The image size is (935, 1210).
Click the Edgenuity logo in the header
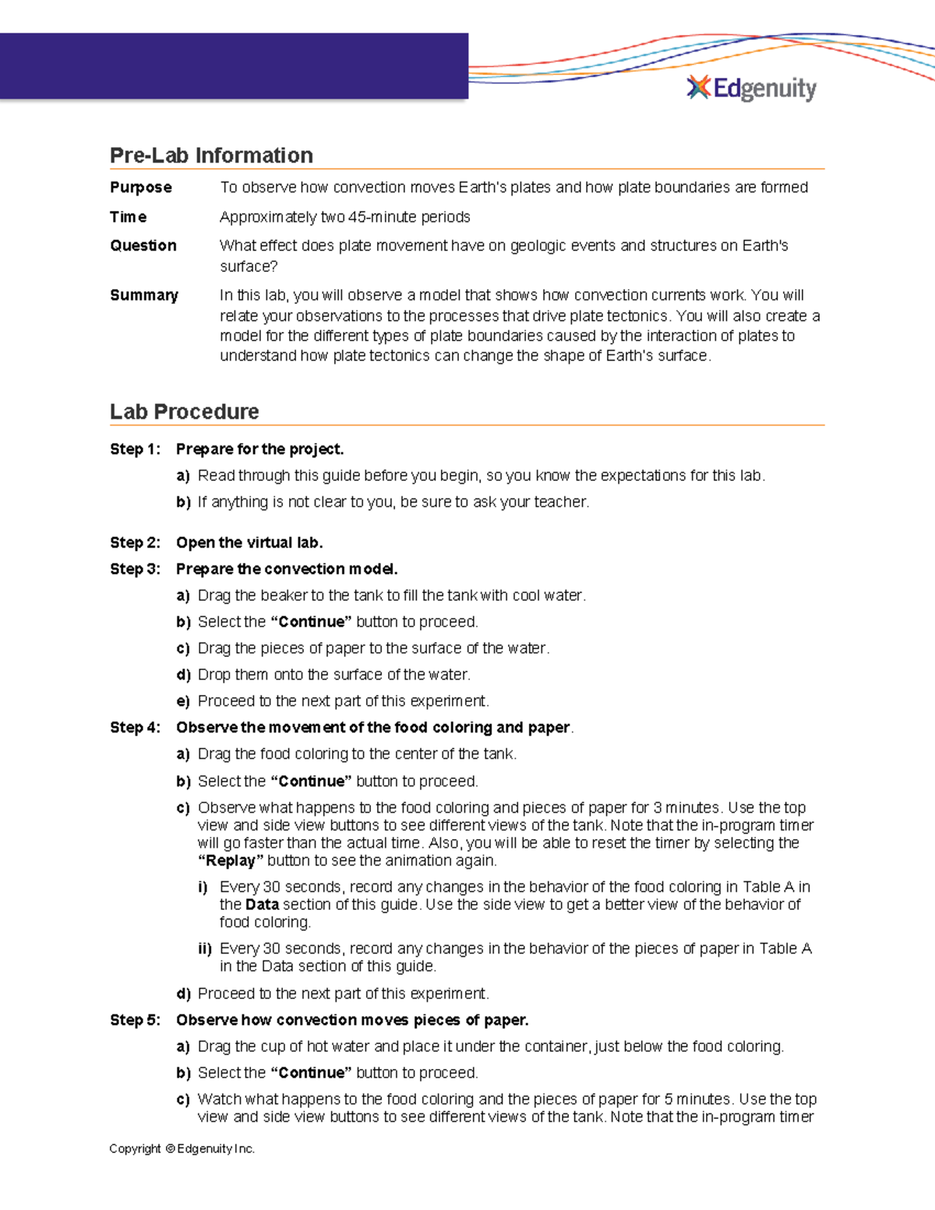click(x=751, y=89)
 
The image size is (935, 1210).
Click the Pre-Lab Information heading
click(x=211, y=156)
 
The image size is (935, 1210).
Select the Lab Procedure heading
click(x=184, y=412)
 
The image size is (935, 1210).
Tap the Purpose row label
click(x=140, y=188)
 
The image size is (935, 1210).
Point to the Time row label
click(x=128, y=217)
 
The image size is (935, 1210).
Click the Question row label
click(x=143, y=246)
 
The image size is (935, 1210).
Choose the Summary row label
click(x=143, y=295)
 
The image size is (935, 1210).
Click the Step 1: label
click(x=135, y=450)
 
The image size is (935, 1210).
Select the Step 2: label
click(x=135, y=543)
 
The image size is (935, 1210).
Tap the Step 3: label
click(x=135, y=570)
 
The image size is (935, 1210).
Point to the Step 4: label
click(x=135, y=728)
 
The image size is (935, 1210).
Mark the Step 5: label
click(x=135, y=1021)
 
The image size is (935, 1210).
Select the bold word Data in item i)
click(x=262, y=905)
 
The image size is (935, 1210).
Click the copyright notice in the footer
click(x=182, y=1148)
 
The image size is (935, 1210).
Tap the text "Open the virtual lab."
click(x=249, y=543)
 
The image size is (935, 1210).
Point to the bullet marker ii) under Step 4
click(x=205, y=949)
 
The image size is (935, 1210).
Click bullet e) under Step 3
click(x=183, y=701)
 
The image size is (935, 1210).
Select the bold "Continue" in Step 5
click(x=311, y=1073)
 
